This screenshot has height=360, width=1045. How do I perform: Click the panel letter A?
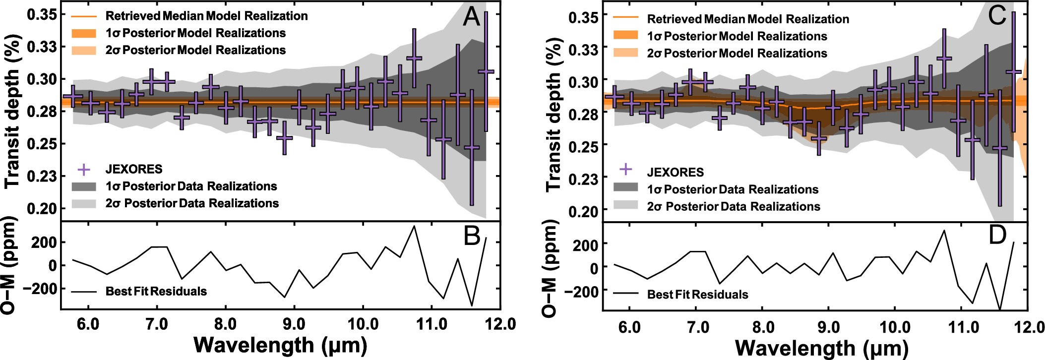pos(471,17)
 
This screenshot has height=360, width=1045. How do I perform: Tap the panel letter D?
pos(997,236)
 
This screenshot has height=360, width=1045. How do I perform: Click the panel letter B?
pos(472,236)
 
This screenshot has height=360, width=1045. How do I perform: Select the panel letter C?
pos(997,16)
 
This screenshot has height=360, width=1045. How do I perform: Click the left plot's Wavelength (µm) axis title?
pos(280,345)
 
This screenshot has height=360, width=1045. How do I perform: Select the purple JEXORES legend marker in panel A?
pos(84,170)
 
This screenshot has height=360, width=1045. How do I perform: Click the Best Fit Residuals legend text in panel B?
pos(156,292)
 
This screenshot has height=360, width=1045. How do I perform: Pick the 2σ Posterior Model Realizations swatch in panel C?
pos(625,53)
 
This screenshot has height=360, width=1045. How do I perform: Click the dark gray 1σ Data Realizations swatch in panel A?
pos(84,186)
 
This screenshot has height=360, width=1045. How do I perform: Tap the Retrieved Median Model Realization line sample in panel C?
pos(625,19)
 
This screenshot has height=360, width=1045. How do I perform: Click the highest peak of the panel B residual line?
pos(414,226)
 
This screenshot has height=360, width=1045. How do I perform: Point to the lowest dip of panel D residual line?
pos(1000,309)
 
